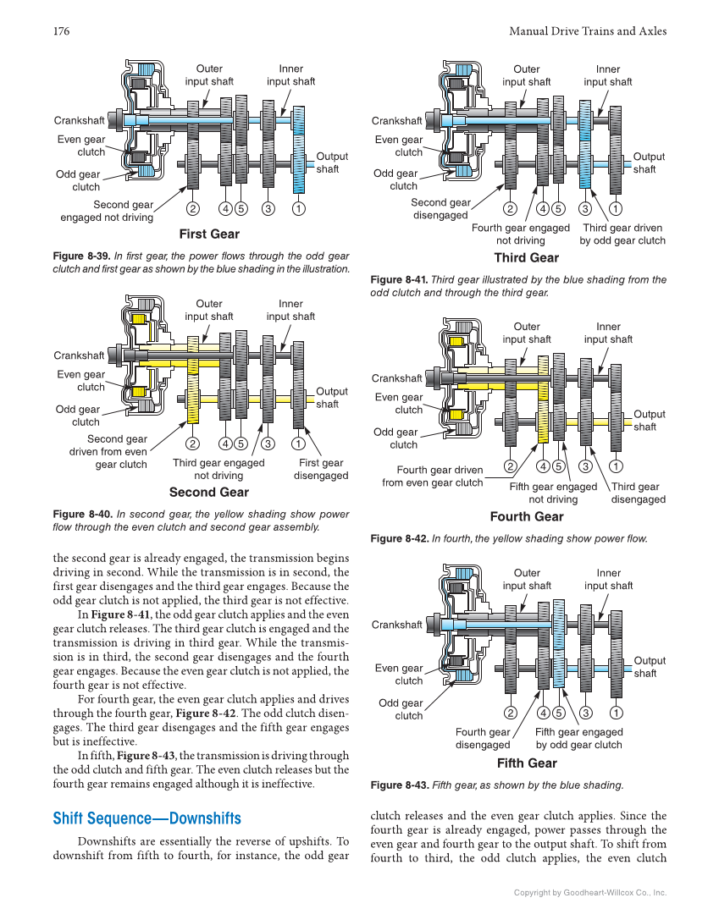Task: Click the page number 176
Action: tap(61, 31)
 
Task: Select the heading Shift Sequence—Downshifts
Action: tap(147, 818)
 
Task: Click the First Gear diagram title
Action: tap(209, 234)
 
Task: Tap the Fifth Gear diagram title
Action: tap(527, 763)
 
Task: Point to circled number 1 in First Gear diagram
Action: tap(299, 208)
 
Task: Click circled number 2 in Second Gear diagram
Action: tap(193, 443)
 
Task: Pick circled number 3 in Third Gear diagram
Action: tap(585, 208)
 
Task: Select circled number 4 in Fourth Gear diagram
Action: tap(542, 466)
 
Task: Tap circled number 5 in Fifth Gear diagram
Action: tap(559, 712)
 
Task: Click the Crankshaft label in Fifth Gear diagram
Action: tap(396, 625)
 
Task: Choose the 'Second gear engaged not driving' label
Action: tap(107, 211)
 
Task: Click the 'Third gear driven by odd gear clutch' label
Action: tap(622, 234)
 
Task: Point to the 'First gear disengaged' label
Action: tap(321, 469)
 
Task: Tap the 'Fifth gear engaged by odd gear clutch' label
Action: tap(578, 738)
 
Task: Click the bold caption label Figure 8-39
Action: tap(80, 256)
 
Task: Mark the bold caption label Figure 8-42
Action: tap(398, 538)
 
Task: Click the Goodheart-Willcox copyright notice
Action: tap(590, 892)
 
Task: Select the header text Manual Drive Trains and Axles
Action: tap(588, 31)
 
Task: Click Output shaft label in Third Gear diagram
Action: tap(649, 163)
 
